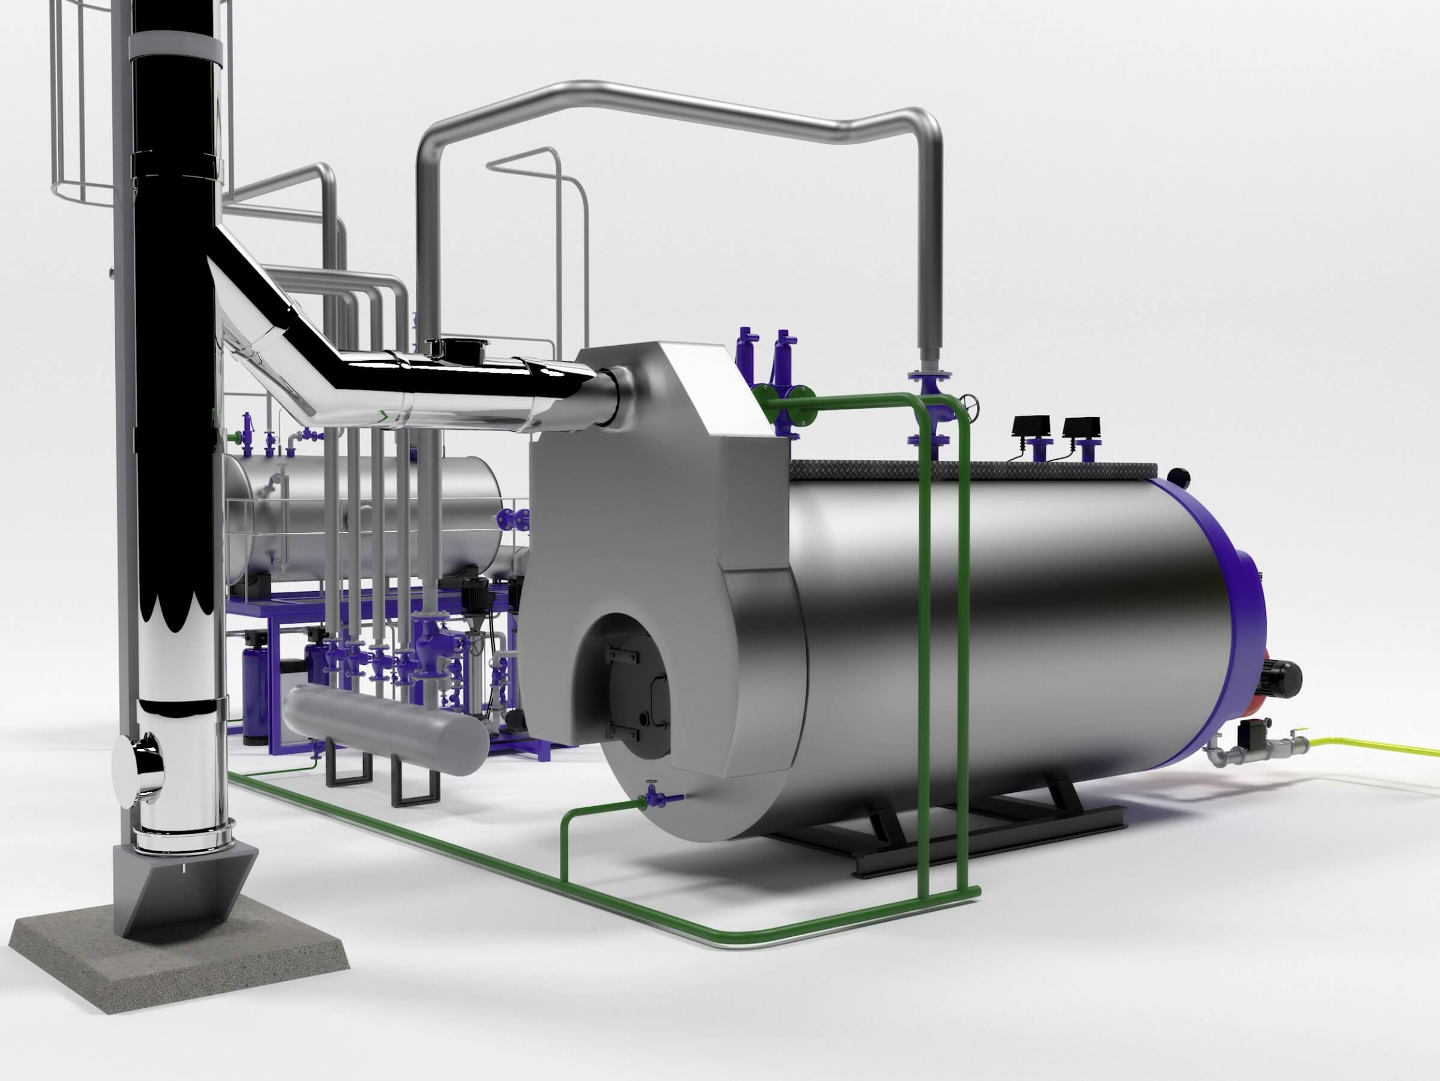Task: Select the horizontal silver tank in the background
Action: tap(365, 514)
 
